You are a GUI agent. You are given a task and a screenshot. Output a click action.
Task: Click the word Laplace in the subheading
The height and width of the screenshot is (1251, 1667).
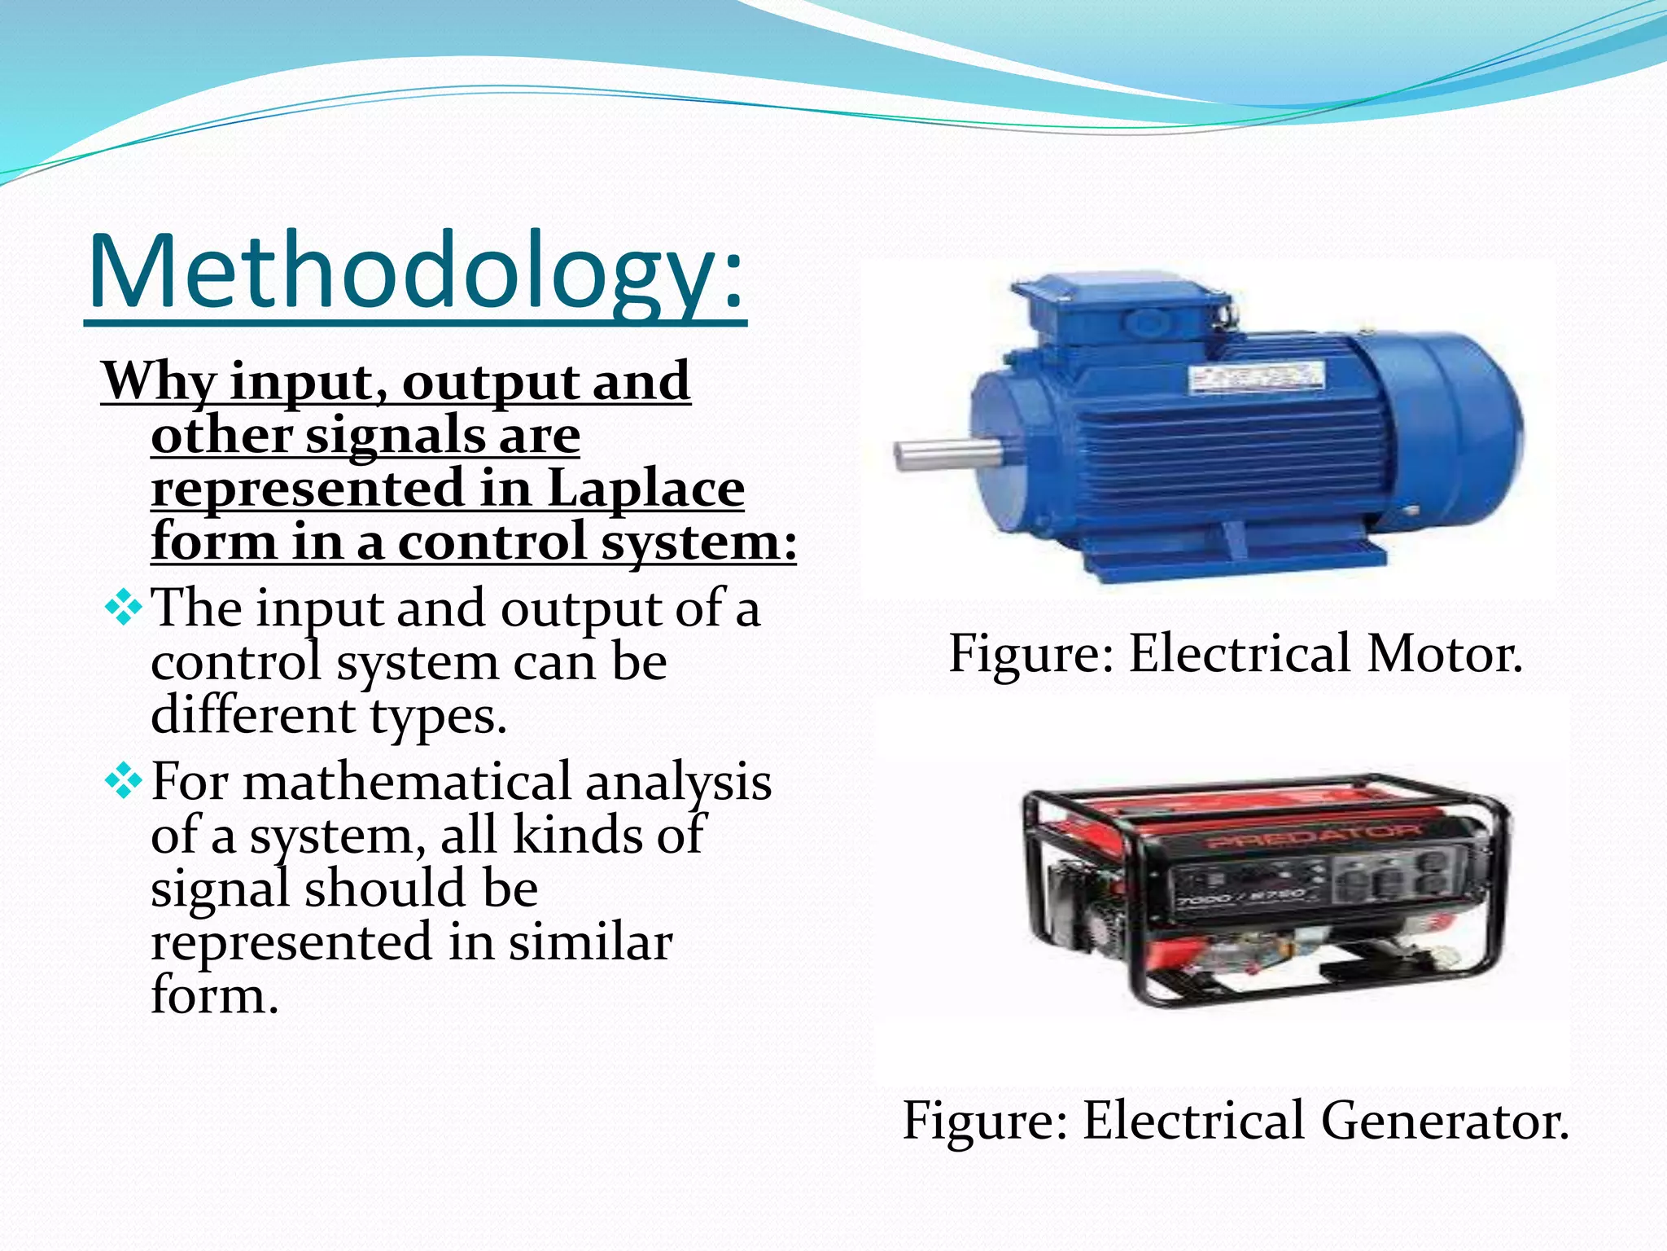tap(645, 488)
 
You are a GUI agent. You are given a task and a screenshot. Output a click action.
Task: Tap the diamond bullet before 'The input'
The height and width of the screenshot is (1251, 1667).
tap(123, 608)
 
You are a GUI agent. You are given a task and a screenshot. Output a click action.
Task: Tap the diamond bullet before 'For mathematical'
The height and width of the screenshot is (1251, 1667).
tap(123, 782)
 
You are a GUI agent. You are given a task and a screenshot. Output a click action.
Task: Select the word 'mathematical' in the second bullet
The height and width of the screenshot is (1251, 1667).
tap(407, 782)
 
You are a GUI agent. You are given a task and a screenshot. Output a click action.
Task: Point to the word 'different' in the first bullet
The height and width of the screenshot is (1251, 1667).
tap(253, 716)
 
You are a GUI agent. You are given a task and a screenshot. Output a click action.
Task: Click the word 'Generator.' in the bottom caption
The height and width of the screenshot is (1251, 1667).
tap(1445, 1121)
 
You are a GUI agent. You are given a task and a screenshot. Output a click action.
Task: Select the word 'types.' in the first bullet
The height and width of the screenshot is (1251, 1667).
tap(438, 716)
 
